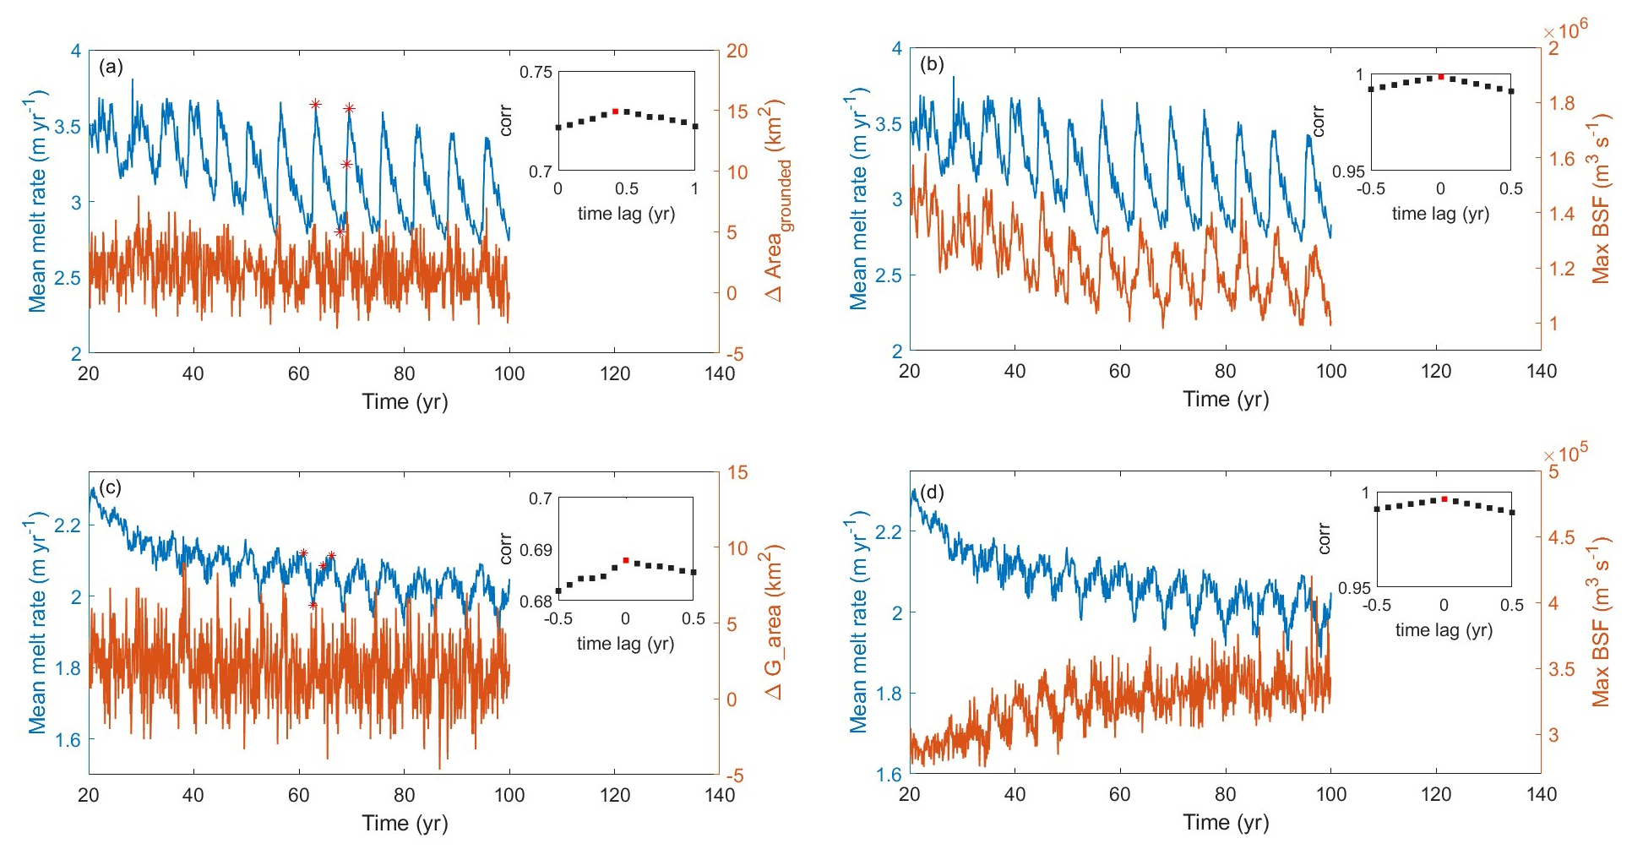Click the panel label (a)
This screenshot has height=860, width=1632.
[111, 67]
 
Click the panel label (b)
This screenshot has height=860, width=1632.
[932, 64]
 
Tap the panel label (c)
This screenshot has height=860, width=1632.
[111, 487]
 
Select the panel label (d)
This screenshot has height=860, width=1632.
[932, 492]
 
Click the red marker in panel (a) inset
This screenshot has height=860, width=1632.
[615, 112]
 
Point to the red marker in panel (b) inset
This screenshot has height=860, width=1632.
[1441, 77]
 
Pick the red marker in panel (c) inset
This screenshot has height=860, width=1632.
[626, 560]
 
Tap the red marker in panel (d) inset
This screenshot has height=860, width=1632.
[1444, 499]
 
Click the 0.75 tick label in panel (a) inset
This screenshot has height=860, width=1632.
[536, 73]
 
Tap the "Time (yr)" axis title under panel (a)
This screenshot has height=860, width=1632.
[405, 401]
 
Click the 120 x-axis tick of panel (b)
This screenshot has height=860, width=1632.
[1436, 371]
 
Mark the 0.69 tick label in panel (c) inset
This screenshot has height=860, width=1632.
[536, 550]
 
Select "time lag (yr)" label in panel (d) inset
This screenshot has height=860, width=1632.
[1444, 629]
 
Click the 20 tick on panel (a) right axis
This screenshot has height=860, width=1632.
[737, 51]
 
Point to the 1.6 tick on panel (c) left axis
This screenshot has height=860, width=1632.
[68, 740]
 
